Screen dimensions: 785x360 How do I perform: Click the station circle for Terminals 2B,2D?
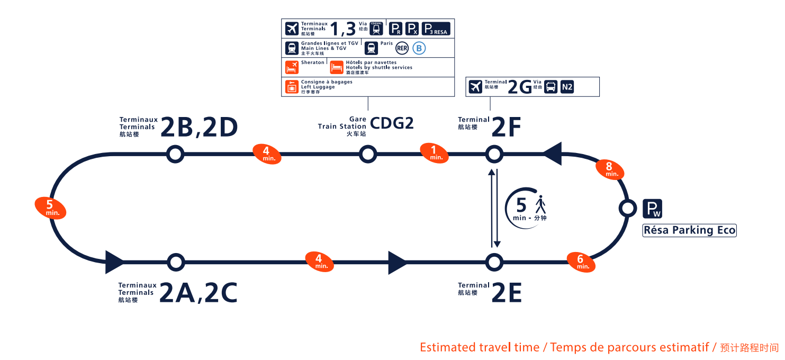pyautogui.click(x=175, y=154)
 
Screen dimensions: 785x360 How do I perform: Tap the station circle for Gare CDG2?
pyautogui.click(x=368, y=154)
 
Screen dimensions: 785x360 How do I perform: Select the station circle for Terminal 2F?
pyautogui.click(x=494, y=154)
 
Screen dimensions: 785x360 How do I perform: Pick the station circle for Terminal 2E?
pyautogui.click(x=494, y=262)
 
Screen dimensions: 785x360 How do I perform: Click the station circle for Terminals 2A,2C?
pyautogui.click(x=176, y=262)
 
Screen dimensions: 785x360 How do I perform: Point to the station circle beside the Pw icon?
pyautogui.click(x=628, y=208)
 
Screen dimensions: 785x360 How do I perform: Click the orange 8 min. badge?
pyautogui.click(x=610, y=169)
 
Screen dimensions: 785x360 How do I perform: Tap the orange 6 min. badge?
pyautogui.click(x=581, y=262)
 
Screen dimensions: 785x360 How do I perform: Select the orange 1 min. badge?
pyautogui.click(x=434, y=153)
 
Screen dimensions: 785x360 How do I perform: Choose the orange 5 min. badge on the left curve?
pyautogui.click(x=50, y=208)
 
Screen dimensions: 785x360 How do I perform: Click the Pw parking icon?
pyautogui.click(x=652, y=209)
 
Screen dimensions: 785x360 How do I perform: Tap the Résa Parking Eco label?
pyautogui.click(x=689, y=230)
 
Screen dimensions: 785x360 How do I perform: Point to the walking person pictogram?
pyautogui.click(x=540, y=204)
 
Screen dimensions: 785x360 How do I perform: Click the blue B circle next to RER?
pyautogui.click(x=419, y=48)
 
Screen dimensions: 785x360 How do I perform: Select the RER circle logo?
pyautogui.click(x=402, y=48)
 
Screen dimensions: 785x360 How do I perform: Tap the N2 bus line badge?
pyautogui.click(x=567, y=87)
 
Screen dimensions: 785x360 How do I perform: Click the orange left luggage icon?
pyautogui.click(x=292, y=87)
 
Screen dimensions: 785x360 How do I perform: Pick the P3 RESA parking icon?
pyautogui.click(x=436, y=29)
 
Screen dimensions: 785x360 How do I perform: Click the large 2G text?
pyautogui.click(x=519, y=87)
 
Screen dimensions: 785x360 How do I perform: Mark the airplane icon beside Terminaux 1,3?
pyautogui.click(x=292, y=29)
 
